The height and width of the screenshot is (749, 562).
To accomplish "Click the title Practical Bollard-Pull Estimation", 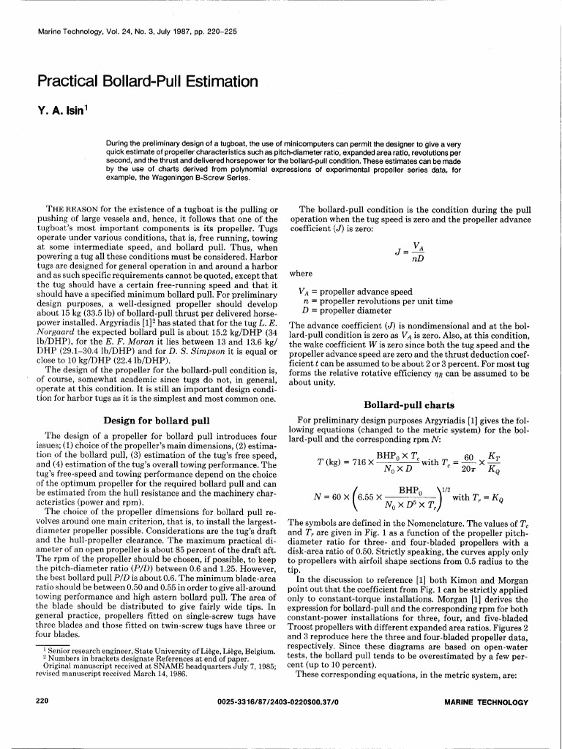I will [146, 80].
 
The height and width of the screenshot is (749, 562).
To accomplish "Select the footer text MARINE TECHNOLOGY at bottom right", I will [486, 702].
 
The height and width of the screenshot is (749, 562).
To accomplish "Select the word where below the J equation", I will [301, 274].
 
